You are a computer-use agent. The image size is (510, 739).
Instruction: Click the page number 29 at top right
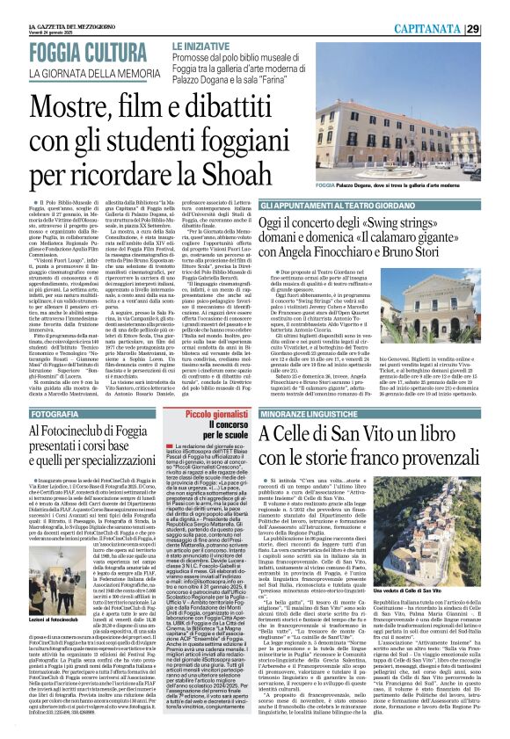497,29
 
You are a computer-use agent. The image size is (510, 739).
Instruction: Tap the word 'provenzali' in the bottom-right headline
432,458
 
